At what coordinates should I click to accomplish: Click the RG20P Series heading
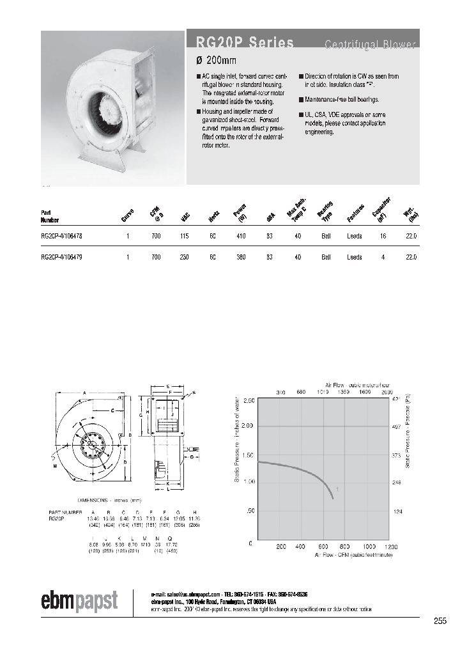(x=240, y=43)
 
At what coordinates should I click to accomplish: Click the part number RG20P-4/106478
(x=61, y=237)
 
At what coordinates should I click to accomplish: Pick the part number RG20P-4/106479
(x=61, y=257)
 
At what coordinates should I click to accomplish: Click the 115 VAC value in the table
(x=185, y=237)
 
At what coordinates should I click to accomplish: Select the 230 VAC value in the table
(x=185, y=257)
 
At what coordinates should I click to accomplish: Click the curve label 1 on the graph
(x=337, y=488)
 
